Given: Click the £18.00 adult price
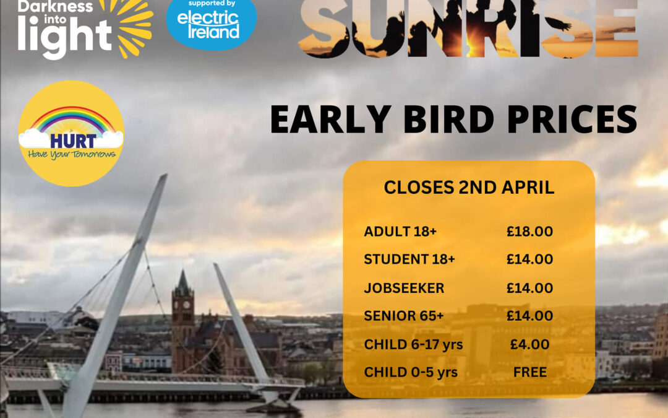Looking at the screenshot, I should [x=529, y=232].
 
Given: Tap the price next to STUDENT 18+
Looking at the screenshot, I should [x=529, y=259].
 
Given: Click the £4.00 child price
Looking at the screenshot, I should [x=529, y=344].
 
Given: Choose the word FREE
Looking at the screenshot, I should [x=530, y=372].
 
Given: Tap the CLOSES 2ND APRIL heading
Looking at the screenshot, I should [x=469, y=188].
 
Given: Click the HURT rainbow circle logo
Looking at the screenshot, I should [x=71, y=133].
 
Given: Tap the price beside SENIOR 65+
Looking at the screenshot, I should [x=529, y=316].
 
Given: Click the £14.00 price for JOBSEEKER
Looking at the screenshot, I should [x=529, y=288].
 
